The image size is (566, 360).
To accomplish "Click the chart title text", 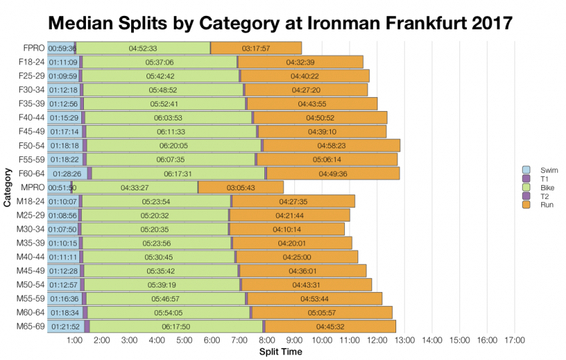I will (280, 23).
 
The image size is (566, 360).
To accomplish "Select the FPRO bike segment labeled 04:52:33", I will (143, 48).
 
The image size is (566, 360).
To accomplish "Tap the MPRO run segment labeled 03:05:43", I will (241, 188).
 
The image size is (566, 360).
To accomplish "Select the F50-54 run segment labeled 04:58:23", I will (332, 146).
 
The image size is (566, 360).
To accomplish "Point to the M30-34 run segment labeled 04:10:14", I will (287, 230).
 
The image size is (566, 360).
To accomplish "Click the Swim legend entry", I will (539, 170).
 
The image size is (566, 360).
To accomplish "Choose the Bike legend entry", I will (539, 188).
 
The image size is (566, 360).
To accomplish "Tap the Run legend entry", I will (539, 205).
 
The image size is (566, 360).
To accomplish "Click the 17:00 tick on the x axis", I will (514, 341).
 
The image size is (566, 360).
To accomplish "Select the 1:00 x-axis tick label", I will (75, 341).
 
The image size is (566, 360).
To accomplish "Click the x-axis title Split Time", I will (280, 351).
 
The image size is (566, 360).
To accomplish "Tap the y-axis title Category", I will (7, 188).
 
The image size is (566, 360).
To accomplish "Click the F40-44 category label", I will (32, 118).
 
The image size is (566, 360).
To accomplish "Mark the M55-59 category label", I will (31, 299).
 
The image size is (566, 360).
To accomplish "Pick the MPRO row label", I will (33, 188).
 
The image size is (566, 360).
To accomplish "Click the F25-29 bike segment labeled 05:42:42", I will (160, 76).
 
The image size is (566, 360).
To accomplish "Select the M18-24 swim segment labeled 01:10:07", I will (63, 202).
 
